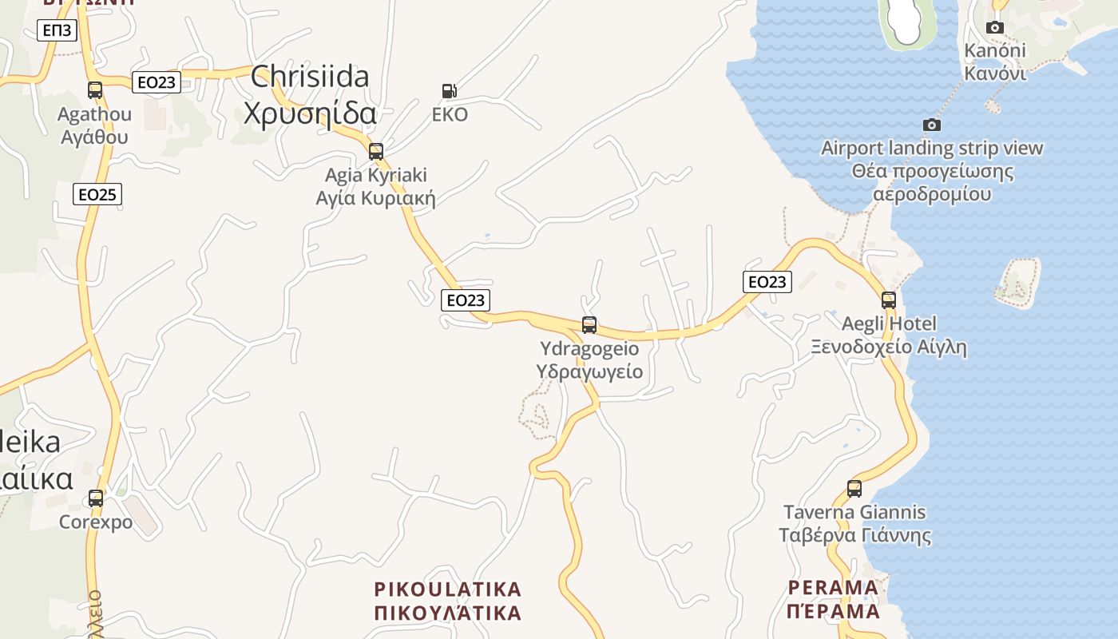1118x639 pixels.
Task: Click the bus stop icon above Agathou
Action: click(x=95, y=90)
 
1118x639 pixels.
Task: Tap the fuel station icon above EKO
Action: click(x=450, y=91)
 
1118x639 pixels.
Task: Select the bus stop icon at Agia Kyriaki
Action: click(x=376, y=151)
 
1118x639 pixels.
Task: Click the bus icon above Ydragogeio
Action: click(x=589, y=325)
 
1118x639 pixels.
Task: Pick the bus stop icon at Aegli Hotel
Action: click(x=889, y=300)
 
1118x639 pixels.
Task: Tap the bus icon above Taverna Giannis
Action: click(x=854, y=489)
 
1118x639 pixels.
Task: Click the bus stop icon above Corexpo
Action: click(x=96, y=498)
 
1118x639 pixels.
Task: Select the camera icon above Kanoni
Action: click(x=994, y=27)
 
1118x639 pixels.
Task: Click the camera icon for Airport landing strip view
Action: click(x=931, y=125)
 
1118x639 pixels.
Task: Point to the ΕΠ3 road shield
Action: click(x=57, y=31)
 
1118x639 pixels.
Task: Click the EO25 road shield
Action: click(x=97, y=193)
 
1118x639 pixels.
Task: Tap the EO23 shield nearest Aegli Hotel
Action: click(x=767, y=281)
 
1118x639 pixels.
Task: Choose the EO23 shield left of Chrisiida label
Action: click(x=157, y=81)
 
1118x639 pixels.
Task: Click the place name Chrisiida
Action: click(x=310, y=77)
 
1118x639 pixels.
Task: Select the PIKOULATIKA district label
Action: click(x=447, y=589)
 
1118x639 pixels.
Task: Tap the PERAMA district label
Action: click(x=833, y=588)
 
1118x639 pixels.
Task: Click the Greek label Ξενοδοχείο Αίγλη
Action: click(x=889, y=347)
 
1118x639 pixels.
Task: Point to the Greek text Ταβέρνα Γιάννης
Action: click(x=854, y=534)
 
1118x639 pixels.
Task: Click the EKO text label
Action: click(x=450, y=115)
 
